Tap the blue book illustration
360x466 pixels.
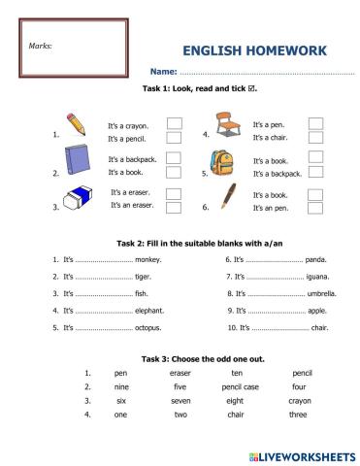(77, 162)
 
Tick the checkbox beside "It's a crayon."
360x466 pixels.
(174, 124)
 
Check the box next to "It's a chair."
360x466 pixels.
(315, 138)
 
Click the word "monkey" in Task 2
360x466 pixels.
(147, 259)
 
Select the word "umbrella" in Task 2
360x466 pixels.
(322, 293)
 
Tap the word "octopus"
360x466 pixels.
(148, 328)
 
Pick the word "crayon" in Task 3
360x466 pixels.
(301, 399)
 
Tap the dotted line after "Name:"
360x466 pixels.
(267, 73)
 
